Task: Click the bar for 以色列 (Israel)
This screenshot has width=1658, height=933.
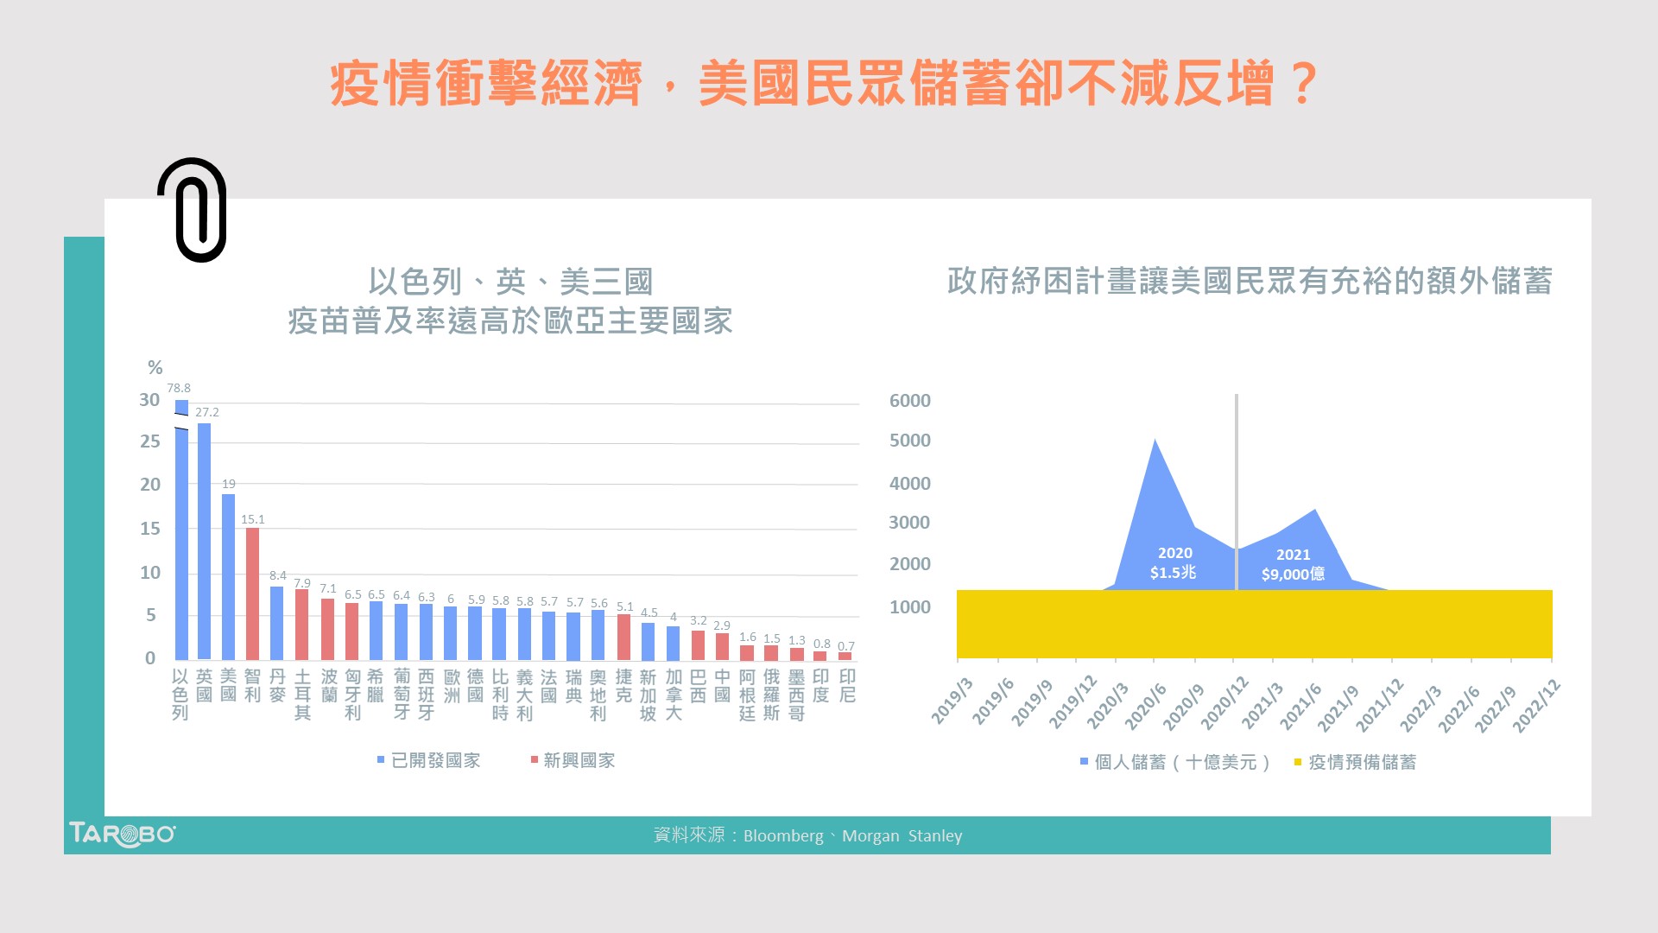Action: [181, 536]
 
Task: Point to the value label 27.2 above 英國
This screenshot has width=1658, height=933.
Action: [207, 412]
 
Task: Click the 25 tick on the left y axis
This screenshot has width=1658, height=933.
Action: [150, 441]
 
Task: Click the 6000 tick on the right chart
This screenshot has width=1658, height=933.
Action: [909, 401]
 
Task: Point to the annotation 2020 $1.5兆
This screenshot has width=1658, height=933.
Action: [1174, 562]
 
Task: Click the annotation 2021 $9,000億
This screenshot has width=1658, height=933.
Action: [1293, 564]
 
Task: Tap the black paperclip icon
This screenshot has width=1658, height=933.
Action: [193, 210]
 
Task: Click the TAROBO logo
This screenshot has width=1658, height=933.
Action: [122, 835]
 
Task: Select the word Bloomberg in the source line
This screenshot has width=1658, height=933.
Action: [782, 835]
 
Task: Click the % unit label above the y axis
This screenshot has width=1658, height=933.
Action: [155, 367]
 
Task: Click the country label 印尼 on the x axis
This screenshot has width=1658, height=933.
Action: [847, 686]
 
